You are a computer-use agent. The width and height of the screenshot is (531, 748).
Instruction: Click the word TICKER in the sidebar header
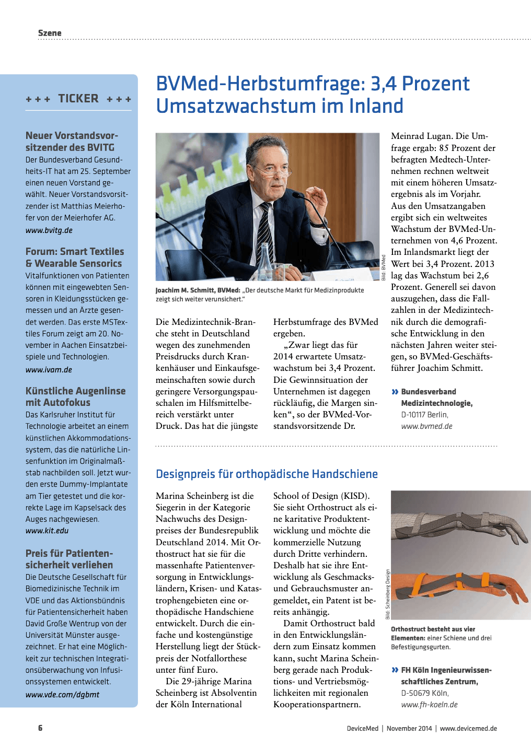[78, 99]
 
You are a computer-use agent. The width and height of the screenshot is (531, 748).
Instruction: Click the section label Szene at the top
[50, 33]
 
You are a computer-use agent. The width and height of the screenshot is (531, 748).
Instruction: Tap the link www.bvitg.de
[49, 230]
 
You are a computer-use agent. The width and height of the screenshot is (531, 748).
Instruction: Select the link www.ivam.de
[49, 370]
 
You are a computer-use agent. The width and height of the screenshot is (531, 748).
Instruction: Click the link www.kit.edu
[47, 531]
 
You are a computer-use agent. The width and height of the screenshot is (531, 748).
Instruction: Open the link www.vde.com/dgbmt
[62, 695]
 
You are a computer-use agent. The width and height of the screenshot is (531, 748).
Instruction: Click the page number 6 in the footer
[40, 728]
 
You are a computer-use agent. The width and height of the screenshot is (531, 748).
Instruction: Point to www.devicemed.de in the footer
[468, 728]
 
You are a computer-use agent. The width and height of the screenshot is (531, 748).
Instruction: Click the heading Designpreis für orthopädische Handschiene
[267, 474]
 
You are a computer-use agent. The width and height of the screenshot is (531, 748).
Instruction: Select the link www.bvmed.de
[426, 426]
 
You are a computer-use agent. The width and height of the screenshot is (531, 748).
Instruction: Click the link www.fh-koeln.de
[429, 705]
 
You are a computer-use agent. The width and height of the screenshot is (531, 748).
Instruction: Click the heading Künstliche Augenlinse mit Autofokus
[75, 396]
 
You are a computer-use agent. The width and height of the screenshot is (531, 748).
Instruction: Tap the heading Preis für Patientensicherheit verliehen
[69, 559]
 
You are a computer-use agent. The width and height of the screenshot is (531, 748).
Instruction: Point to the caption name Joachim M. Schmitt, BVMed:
[198, 290]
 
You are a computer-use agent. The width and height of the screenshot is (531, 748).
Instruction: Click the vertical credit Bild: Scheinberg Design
[388, 594]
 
